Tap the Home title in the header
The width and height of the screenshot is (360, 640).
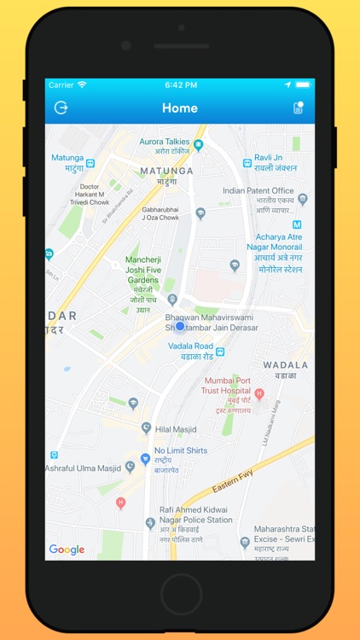coord(180,108)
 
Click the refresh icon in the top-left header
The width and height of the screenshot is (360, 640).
coord(61,108)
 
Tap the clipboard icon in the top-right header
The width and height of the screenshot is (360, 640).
coord(298,108)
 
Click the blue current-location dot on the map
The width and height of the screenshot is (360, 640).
coord(180,326)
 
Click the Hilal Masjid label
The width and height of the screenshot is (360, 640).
coord(177,429)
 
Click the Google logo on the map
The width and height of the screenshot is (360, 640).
coord(67,550)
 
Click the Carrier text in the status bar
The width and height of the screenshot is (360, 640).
coord(61,85)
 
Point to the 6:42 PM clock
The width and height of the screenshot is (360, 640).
coord(180,85)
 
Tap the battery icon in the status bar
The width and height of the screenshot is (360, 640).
coord(302,85)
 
